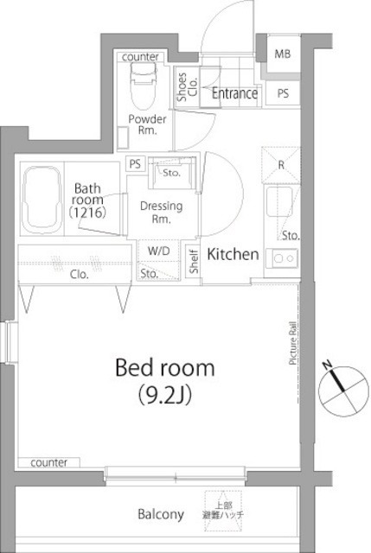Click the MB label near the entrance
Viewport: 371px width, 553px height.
pos(282,54)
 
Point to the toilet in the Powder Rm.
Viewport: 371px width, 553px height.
pos(144,83)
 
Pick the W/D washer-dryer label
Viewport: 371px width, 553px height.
pos(158,253)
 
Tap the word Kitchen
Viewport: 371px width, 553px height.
pos(233,254)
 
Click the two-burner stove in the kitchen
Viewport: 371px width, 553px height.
pos(283,256)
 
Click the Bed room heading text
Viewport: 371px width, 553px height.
pos(165,367)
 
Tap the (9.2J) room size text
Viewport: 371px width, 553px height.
pos(165,395)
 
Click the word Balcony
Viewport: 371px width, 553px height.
pos(161,514)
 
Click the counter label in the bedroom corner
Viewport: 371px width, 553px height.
pos(48,463)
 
